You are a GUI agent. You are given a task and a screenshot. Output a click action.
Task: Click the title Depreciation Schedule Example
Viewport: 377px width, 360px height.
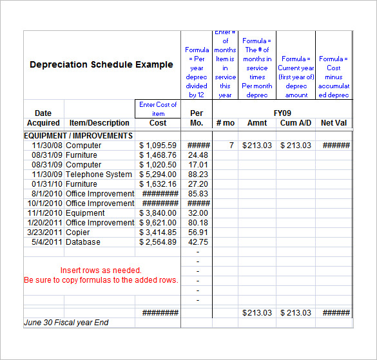(101, 64)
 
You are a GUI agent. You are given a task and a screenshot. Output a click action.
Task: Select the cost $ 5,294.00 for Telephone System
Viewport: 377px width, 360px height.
(158, 175)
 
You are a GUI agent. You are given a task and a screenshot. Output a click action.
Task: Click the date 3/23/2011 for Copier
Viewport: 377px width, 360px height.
(44, 232)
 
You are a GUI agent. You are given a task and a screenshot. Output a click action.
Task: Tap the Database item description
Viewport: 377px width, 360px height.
(83, 242)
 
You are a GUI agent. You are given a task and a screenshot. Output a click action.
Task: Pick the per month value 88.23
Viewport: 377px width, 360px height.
(198, 175)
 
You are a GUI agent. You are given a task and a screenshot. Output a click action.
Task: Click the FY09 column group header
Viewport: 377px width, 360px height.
(282, 113)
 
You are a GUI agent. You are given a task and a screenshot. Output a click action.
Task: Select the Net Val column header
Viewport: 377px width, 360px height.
(334, 123)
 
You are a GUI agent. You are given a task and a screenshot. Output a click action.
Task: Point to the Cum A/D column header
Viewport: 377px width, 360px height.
(296, 123)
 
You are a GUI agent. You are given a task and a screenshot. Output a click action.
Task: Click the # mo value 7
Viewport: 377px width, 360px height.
(231, 146)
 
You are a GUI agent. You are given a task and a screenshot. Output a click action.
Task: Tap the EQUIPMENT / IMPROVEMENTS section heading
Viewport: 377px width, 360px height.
(78, 136)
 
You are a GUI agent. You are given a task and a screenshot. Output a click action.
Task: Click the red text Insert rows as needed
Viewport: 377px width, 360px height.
(101, 270)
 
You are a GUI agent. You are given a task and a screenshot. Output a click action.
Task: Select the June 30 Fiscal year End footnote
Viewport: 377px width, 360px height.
(66, 322)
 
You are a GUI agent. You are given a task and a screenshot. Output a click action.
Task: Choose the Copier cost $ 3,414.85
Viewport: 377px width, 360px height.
(158, 232)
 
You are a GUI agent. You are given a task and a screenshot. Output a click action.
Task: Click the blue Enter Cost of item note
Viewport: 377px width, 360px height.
(157, 108)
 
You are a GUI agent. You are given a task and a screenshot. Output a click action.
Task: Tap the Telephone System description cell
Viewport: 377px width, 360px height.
(99, 175)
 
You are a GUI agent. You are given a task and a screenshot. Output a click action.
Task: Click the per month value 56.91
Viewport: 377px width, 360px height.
(198, 232)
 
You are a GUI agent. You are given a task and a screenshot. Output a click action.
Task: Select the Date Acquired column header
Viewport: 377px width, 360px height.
(43, 118)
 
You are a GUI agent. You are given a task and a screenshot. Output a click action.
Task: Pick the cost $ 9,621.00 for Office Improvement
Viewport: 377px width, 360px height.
(158, 223)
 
